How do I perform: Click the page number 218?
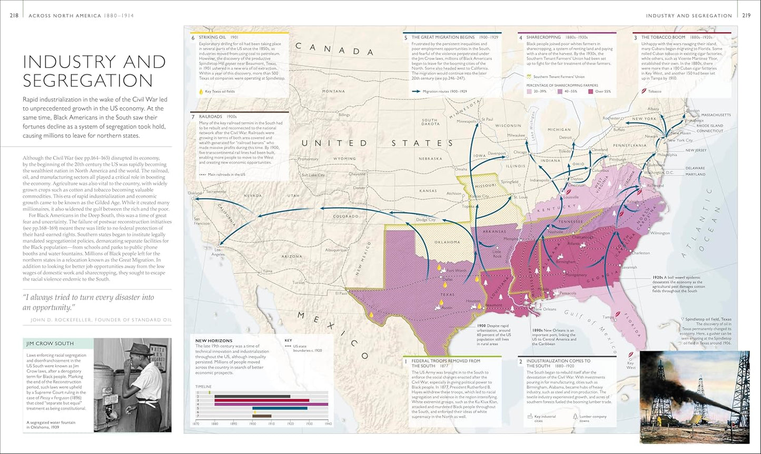(x=14, y=15)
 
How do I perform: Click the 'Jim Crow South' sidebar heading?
(x=50, y=344)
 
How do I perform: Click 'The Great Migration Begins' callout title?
(x=443, y=37)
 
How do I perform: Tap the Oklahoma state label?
(x=447, y=242)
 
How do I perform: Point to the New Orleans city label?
(x=546, y=309)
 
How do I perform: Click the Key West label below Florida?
(x=630, y=365)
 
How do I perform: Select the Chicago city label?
(x=520, y=153)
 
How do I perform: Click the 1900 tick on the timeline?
(x=252, y=423)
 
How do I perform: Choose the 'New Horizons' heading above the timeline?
(x=213, y=340)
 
